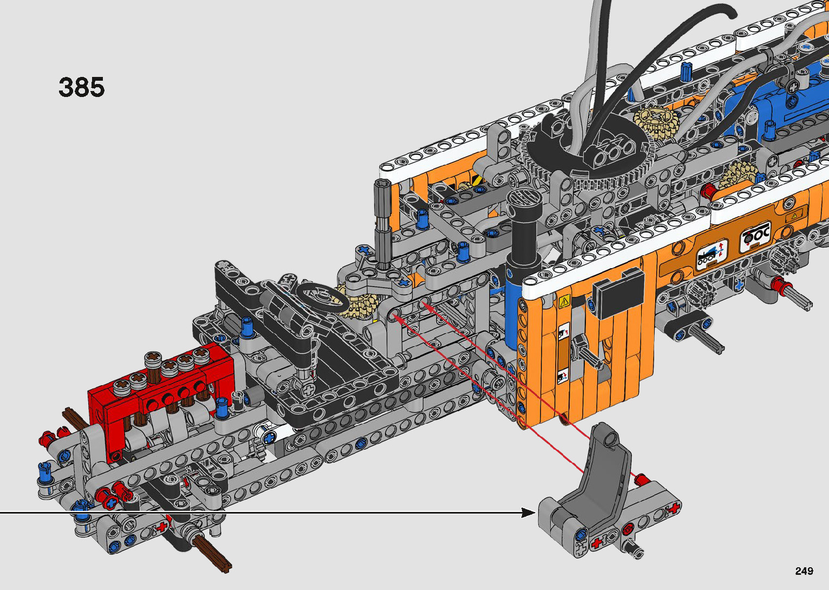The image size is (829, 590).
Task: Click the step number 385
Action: coord(81,87)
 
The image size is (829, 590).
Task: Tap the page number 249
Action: coord(804,570)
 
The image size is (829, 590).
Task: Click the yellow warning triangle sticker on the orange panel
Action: coord(564,302)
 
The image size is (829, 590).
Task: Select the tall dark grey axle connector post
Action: coord(382,222)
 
